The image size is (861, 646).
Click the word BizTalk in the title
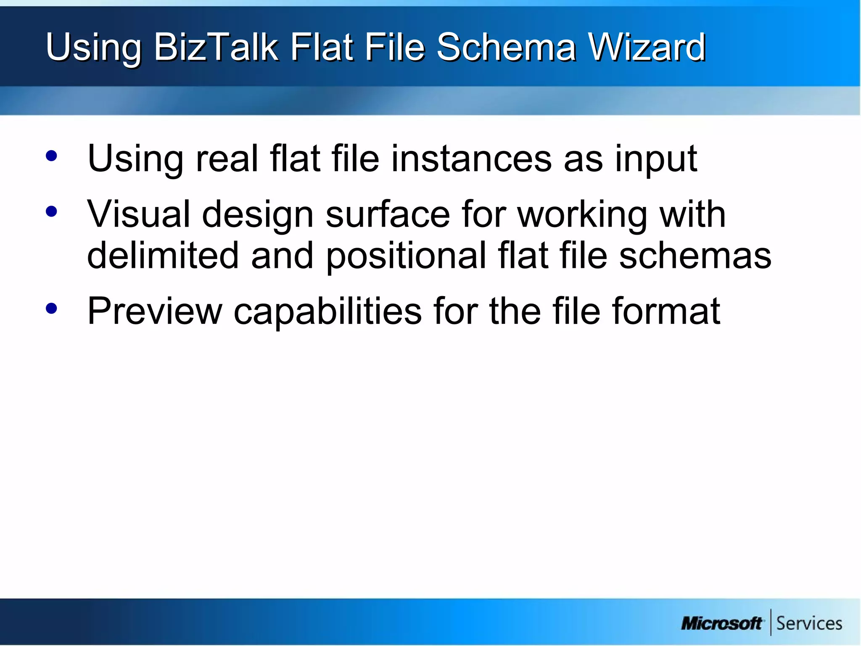(x=216, y=47)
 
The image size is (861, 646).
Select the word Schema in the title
(x=506, y=47)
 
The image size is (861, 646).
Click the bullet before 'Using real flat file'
(x=51, y=156)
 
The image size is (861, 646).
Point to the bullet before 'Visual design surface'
(x=51, y=211)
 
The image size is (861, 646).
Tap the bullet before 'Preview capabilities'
(x=51, y=308)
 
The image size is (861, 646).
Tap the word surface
(x=387, y=214)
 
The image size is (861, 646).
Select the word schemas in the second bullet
(x=695, y=255)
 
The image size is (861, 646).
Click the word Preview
(x=154, y=311)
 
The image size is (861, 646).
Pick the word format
(x=666, y=311)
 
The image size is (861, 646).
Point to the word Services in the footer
(x=809, y=623)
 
